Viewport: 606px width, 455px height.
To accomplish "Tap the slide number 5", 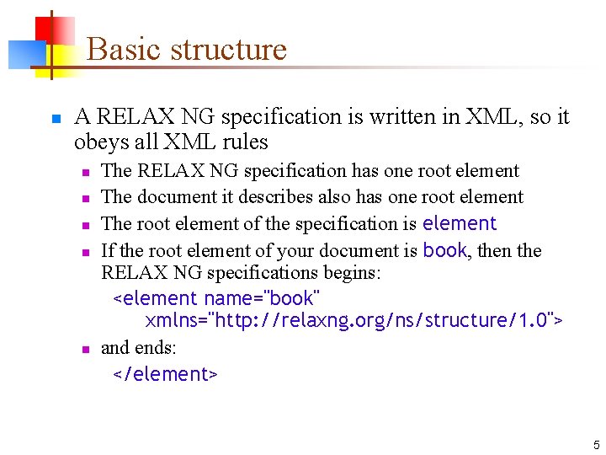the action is click(596, 445).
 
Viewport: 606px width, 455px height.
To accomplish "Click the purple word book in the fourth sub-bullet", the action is click(444, 250).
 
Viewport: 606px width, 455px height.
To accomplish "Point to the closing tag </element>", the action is click(165, 374).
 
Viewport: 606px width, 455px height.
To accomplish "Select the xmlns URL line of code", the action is click(353, 321).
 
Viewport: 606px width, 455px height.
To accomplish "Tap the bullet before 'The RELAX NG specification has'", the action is click(85, 172).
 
